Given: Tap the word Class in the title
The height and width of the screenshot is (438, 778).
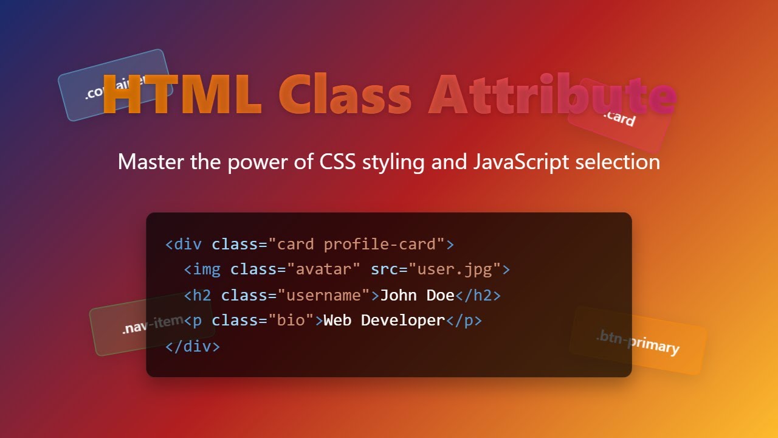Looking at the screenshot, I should [345, 96].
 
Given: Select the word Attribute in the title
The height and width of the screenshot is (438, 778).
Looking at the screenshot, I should [552, 96].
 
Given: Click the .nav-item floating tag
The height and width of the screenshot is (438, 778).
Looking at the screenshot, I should [151, 325].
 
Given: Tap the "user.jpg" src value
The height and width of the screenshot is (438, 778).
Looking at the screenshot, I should [454, 269].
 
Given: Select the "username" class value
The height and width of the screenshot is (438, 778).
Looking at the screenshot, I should [323, 295].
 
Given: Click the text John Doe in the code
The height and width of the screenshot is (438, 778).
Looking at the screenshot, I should [417, 295].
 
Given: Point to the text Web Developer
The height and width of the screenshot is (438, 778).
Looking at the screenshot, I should [384, 321].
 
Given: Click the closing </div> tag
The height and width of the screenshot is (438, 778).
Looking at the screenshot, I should [193, 346].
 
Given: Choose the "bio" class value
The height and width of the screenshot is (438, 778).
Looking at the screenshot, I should [291, 321].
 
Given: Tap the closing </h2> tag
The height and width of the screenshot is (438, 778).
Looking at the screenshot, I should [478, 295].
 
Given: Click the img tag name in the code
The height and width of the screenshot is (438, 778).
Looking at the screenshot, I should [207, 269].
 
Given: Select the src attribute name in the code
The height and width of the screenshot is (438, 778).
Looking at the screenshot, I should [384, 269].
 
